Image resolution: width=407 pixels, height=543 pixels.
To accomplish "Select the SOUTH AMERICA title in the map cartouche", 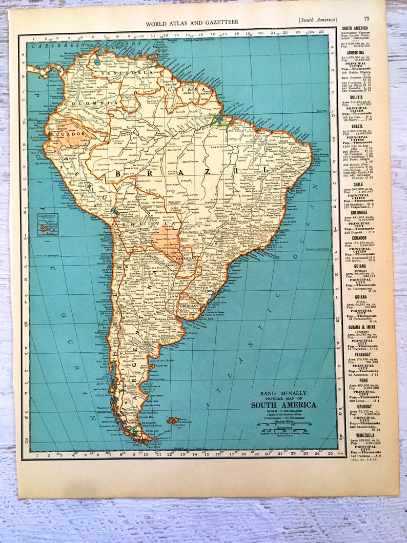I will click(x=283, y=405).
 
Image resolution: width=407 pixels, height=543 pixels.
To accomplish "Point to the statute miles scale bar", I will click(x=283, y=424).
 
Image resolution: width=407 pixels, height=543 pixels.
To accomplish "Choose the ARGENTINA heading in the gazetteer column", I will click(x=355, y=52).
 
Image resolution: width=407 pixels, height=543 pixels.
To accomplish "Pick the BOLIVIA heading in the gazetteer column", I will click(x=355, y=97).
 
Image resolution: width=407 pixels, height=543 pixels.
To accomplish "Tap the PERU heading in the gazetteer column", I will click(x=355, y=380).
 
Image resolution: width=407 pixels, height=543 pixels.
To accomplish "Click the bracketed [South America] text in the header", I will click(x=318, y=20).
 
